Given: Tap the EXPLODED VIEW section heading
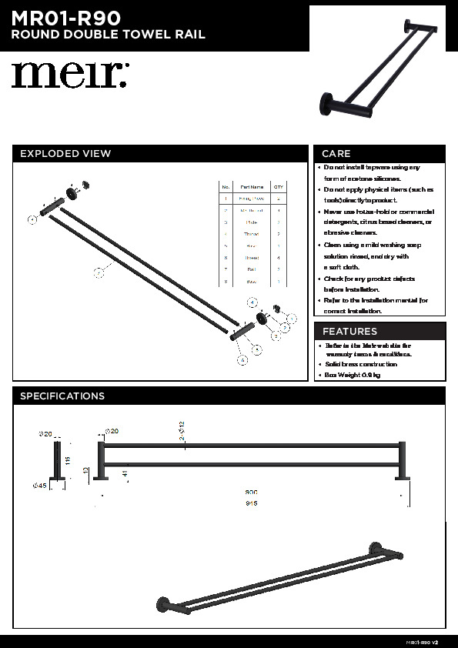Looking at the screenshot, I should coord(65,153).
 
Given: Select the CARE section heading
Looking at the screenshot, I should coord(336,153).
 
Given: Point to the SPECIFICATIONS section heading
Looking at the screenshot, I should coord(62,396).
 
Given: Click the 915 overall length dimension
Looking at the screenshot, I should coord(251,503).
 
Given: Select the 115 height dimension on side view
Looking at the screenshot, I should coord(68,459).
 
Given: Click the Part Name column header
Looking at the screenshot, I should coord(252,187).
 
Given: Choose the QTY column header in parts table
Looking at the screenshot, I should coord(279,187).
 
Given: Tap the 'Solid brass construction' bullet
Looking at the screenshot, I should coord(360,364).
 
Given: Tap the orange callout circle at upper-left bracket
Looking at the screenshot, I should coord(32,219).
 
